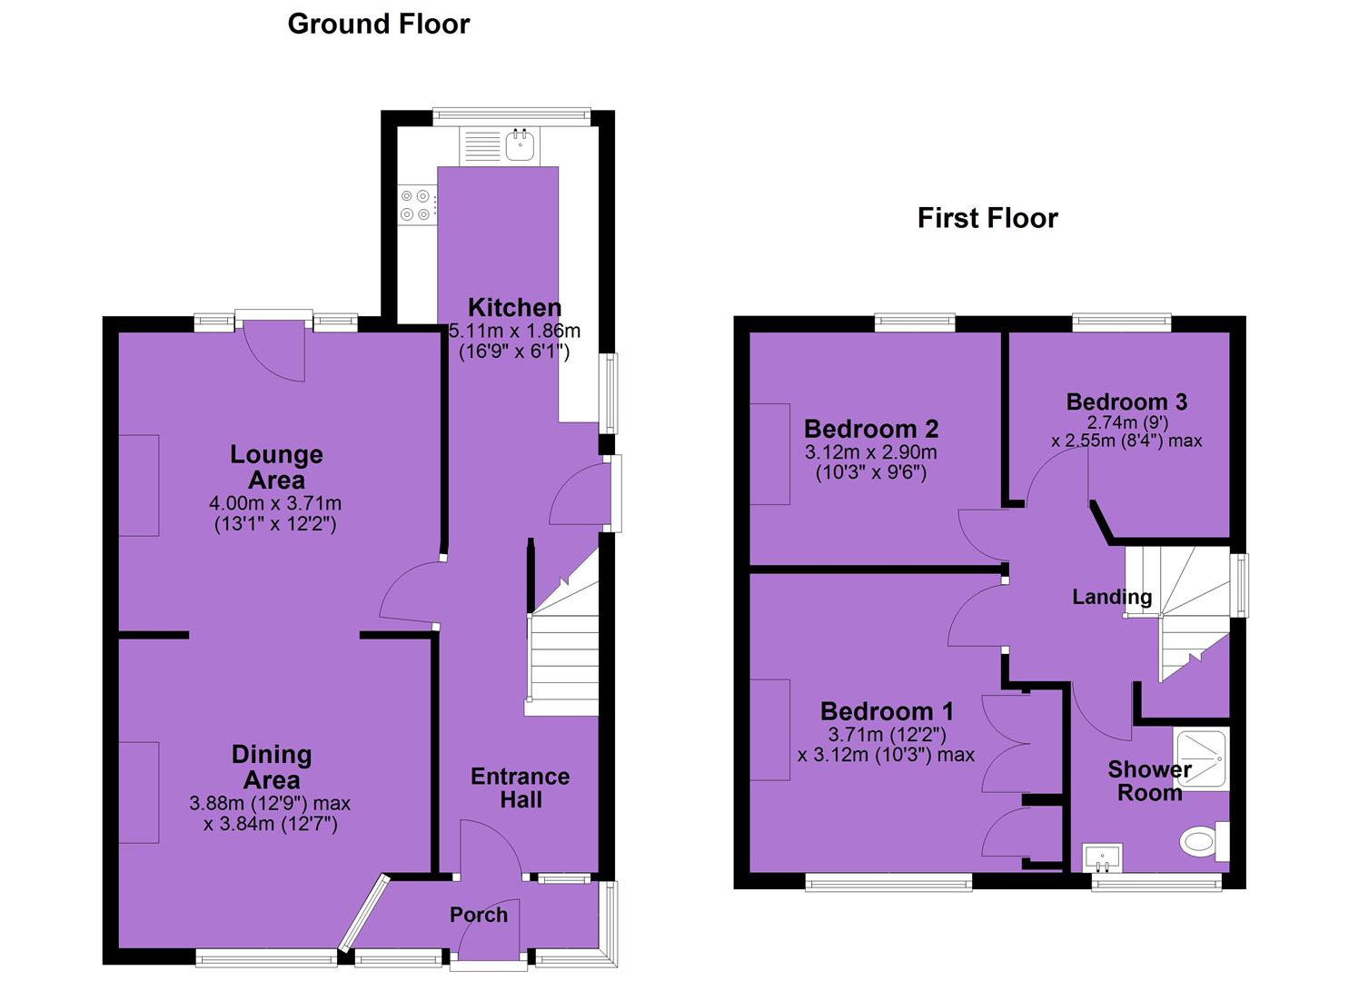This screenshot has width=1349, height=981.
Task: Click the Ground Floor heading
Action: pos(378,25)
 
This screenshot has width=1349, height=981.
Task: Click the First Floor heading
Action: pos(987,219)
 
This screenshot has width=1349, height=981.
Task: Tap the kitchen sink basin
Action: pos(520,145)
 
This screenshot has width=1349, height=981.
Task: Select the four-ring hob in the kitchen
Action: pos(416,204)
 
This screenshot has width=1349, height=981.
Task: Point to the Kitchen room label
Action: pos(515,308)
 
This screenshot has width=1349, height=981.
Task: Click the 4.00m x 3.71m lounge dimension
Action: pos(275,502)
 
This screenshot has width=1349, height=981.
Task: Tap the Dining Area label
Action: pos(272,768)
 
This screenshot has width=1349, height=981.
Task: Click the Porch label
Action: pos(479,916)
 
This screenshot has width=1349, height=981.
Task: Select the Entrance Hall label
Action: pos(521,788)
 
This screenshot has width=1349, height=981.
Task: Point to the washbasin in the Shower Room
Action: pos(1102,857)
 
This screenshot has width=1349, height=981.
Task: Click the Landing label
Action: pos(1112,597)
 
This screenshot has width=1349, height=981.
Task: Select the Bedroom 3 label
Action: pos(1126,401)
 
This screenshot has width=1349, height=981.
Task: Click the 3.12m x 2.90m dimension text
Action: pos(871,451)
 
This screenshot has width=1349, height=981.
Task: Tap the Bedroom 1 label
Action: pos(888,711)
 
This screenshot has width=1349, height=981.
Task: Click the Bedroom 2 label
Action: pos(871,429)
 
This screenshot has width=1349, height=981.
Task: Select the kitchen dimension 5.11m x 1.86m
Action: pos(515,331)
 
